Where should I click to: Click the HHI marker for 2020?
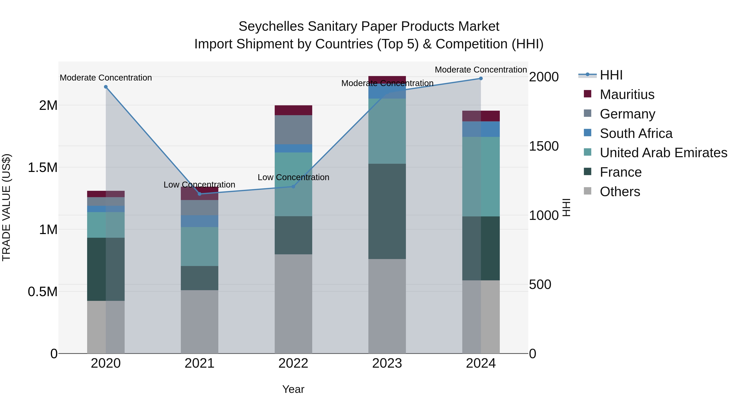coord(106,87)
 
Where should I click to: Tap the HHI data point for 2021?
coord(200,194)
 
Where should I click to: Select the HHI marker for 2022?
coord(293,186)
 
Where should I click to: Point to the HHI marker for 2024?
coord(481,78)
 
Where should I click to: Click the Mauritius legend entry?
coord(627,94)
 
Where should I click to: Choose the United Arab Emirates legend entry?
coord(663,153)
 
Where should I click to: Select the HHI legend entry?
coord(611,75)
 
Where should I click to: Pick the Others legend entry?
coord(620,192)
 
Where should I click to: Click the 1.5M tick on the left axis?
coord(42,168)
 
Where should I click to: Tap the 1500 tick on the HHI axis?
coord(543,146)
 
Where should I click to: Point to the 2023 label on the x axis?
coord(387,363)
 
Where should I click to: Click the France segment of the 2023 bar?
coord(387,211)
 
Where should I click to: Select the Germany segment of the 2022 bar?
coord(293,130)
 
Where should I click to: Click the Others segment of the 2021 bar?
coord(199,321)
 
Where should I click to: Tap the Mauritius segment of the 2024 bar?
coord(481,116)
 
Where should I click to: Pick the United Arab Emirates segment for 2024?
coord(481,176)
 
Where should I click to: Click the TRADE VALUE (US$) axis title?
coord(6,207)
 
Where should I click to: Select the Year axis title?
coord(293,389)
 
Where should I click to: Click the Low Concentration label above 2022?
coord(293,177)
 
